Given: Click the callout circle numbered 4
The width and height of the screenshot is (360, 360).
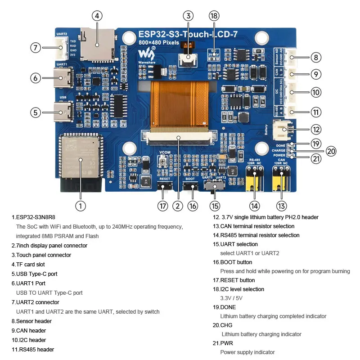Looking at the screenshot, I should [97, 16].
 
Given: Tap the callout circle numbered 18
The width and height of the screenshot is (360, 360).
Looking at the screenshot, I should [214, 16].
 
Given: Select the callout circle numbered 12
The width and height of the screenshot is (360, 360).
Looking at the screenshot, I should [316, 130].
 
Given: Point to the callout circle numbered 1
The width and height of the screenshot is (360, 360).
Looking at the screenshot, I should [80, 206].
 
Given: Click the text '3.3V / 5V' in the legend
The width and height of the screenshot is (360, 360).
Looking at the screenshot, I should [232, 298].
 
